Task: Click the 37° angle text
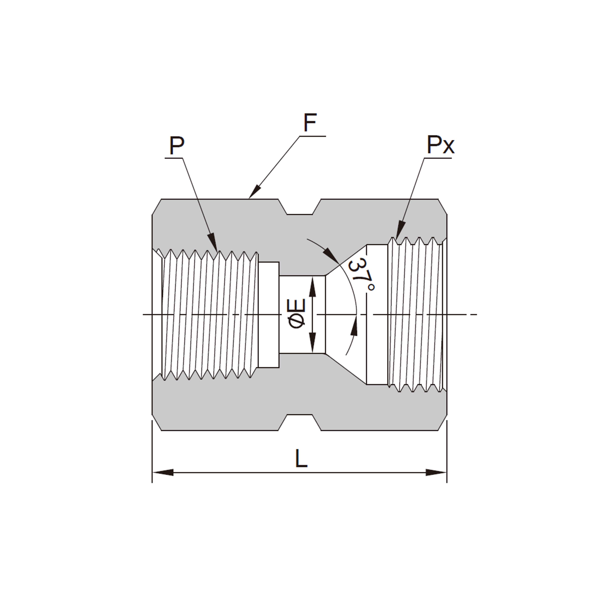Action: click(361, 275)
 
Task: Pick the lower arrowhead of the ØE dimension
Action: click(313, 342)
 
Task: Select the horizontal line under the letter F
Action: click(312, 136)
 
